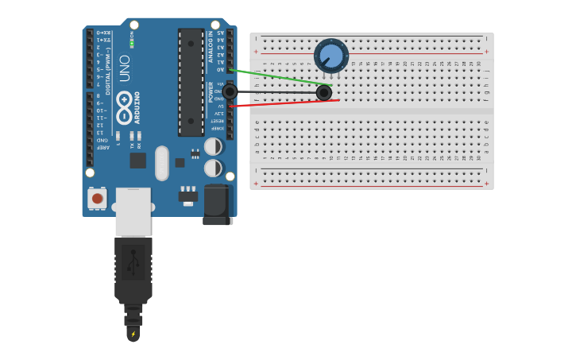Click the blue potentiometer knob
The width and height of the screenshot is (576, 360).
click(331, 56)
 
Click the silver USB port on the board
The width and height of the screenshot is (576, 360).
click(133, 211)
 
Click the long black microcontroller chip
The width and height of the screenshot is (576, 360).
click(191, 82)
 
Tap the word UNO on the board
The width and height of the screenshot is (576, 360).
click(125, 68)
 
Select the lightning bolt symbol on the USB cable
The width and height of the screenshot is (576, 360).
click(133, 334)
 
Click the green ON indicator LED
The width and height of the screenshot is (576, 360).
click(132, 42)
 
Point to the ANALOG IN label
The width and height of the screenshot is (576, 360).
click(211, 46)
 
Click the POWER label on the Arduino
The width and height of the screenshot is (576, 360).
click(211, 91)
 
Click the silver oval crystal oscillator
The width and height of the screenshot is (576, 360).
click(162, 163)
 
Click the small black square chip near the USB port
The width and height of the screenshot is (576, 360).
click(138, 160)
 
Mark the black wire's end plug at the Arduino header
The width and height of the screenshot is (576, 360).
click(230, 91)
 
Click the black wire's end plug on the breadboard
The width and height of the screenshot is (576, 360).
click(323, 93)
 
